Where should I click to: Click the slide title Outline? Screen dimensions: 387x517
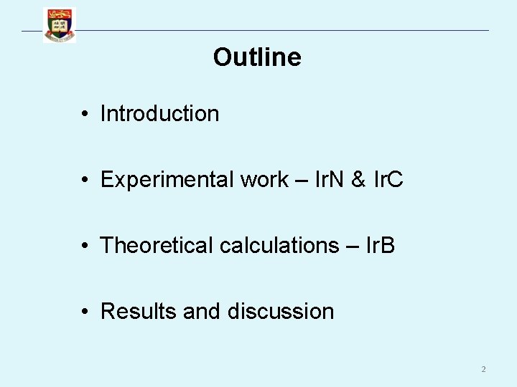tap(257, 57)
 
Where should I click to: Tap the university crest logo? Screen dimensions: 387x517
tap(59, 25)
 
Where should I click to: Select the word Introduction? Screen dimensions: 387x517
tap(159, 113)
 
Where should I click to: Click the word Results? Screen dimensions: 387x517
tap(139, 311)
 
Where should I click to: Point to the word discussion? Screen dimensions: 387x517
tap(281, 311)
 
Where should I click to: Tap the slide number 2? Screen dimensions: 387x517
tap(483, 369)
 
